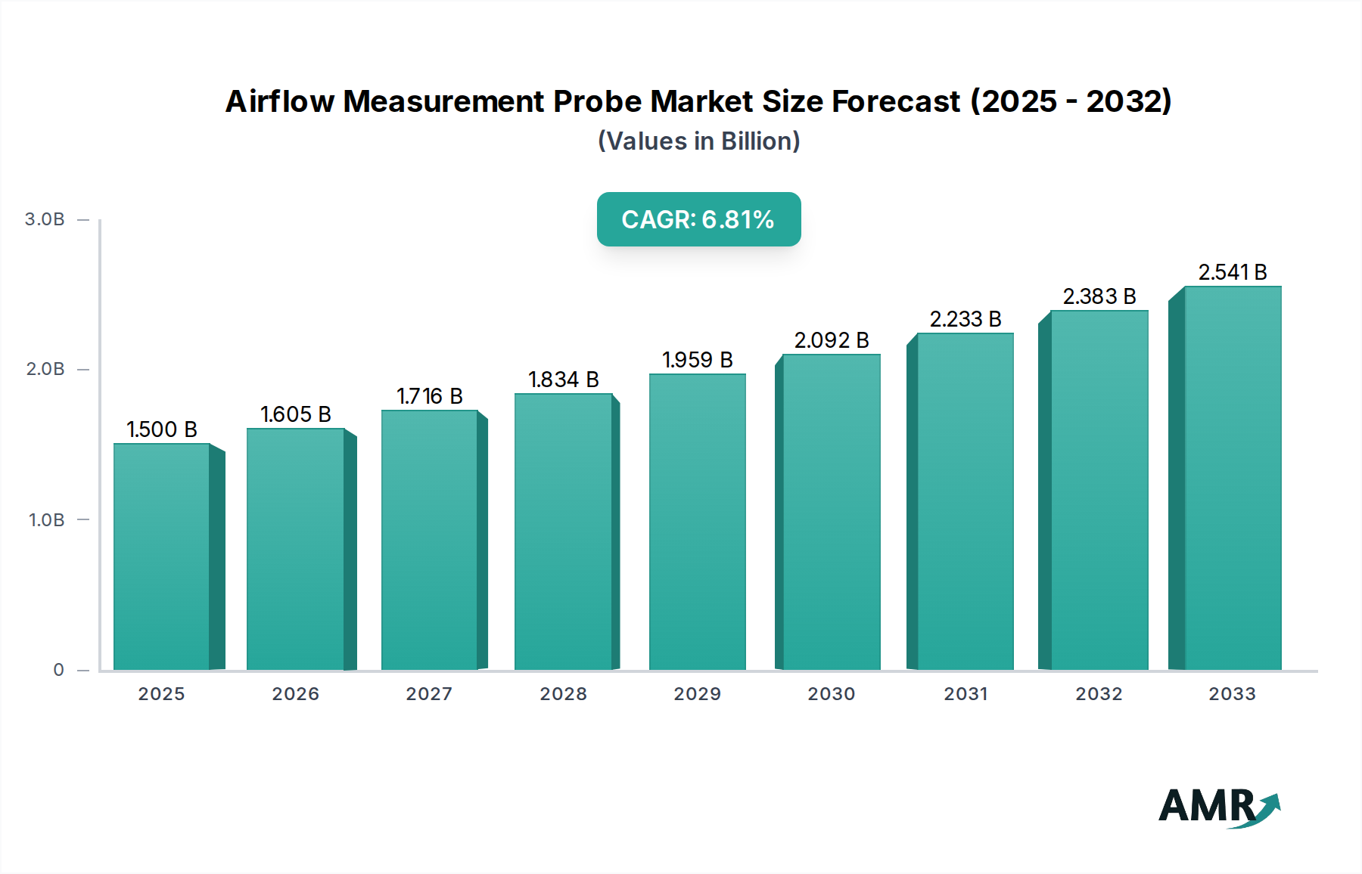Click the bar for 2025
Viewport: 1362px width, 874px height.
pos(161,556)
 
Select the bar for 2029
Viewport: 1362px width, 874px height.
pos(697,522)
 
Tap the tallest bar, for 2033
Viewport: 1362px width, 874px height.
pos(1233,478)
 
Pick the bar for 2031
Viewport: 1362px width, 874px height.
pos(965,501)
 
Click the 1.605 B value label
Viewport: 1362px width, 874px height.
pos(296,414)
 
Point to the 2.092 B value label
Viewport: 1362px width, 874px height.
pos(831,340)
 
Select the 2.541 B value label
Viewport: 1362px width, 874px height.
pos(1232,272)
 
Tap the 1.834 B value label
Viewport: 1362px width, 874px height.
pos(563,380)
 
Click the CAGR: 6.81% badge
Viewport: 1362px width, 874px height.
pos(698,219)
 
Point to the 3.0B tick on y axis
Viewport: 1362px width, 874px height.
pos(45,219)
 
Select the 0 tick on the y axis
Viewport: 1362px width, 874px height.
pos(59,670)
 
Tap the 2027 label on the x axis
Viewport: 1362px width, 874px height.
pos(429,694)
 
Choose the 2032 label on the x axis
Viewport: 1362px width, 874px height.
pos(1099,694)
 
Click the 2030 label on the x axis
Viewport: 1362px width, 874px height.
pos(831,694)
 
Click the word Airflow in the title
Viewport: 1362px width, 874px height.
pos(279,101)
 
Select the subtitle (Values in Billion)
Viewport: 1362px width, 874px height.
pos(698,141)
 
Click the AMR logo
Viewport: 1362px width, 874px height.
pos(1217,807)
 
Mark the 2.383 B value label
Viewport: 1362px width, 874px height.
pos(1099,296)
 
